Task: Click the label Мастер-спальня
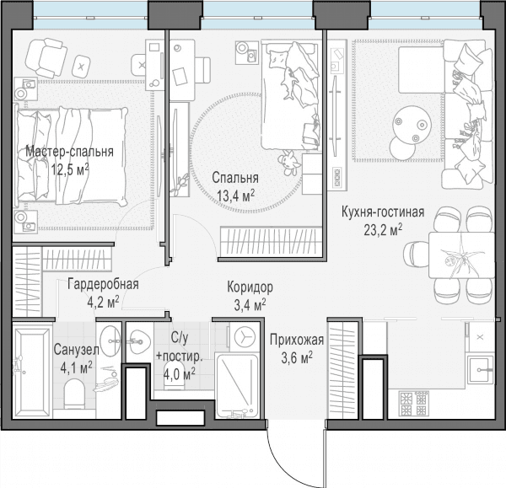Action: tap(69, 152)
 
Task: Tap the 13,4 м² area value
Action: tap(236, 196)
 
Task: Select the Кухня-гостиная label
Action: tap(383, 212)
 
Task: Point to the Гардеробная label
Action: tap(103, 285)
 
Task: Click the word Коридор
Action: tap(250, 287)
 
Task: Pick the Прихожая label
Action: tap(297, 340)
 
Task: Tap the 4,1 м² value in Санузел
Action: tap(77, 367)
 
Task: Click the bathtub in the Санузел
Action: tap(32, 371)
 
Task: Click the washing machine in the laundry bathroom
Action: tap(245, 338)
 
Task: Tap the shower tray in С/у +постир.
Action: tap(237, 385)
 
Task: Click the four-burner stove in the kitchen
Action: tap(414, 403)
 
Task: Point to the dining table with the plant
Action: tap(461, 255)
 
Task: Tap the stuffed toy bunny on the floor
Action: tap(290, 163)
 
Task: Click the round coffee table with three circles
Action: tap(412, 124)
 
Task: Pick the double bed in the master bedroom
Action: tap(71, 157)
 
